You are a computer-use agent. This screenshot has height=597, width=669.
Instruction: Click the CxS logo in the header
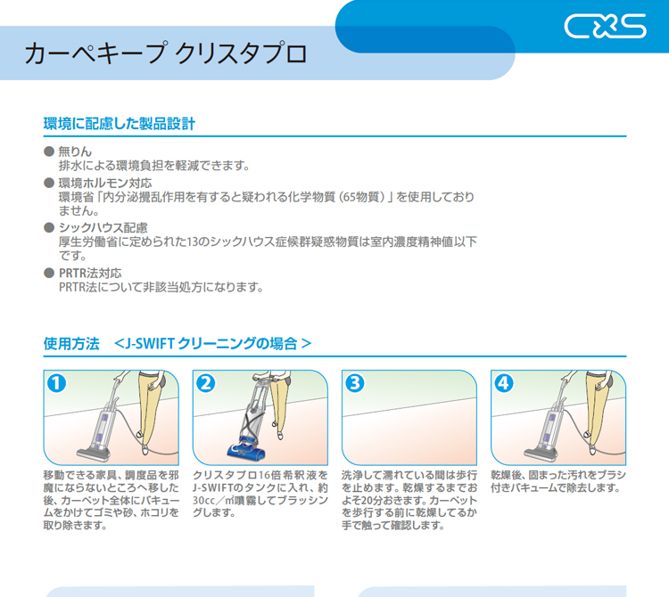click(x=605, y=26)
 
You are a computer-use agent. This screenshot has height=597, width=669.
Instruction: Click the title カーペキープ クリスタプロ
click(x=166, y=53)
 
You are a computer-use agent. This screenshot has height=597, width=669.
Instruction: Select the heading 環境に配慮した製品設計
click(x=119, y=124)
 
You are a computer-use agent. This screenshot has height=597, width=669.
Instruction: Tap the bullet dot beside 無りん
click(x=49, y=151)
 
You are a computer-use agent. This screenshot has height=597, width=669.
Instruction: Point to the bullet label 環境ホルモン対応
click(x=105, y=183)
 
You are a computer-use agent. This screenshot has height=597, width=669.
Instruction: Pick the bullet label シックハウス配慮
click(x=103, y=227)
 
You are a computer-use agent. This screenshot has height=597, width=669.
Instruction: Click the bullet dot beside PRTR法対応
click(x=49, y=273)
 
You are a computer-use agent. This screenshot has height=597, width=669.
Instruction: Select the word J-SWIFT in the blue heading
click(x=149, y=343)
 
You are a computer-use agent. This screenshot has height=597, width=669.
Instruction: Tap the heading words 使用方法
click(x=71, y=343)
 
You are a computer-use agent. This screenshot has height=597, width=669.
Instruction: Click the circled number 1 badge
click(x=56, y=382)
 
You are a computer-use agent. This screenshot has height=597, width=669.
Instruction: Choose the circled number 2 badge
click(x=206, y=382)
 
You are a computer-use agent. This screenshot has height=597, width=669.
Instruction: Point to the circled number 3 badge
click(x=355, y=382)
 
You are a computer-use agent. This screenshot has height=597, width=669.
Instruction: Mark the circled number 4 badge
click(x=504, y=382)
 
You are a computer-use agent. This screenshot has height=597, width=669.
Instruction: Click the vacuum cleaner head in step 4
click(x=541, y=453)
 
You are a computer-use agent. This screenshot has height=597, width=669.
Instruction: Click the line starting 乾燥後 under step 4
click(x=558, y=475)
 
